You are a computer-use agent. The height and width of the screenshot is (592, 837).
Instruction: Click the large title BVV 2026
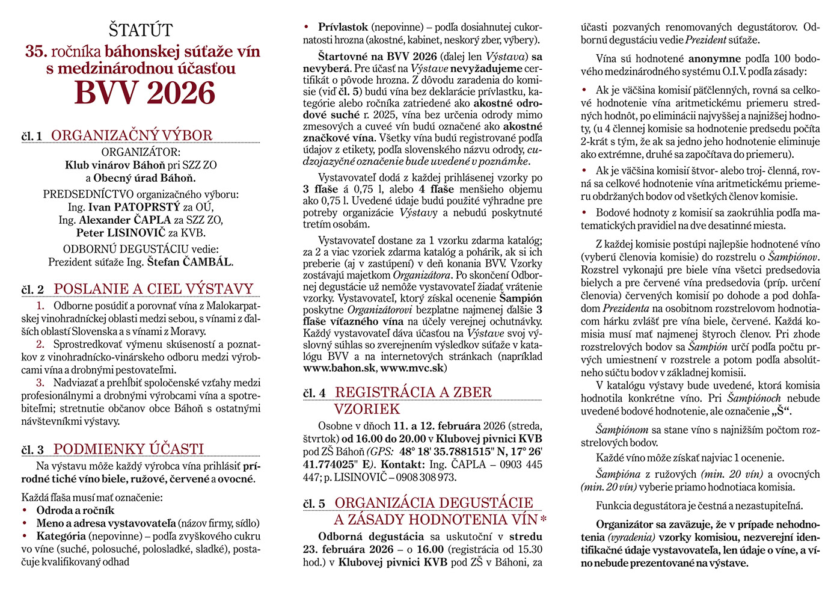click(144, 93)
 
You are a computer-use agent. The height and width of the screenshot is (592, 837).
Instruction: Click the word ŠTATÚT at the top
click(141, 30)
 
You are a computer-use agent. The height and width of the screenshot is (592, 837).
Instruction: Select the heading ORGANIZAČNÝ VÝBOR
click(132, 135)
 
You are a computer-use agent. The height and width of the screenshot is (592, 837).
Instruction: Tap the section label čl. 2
click(32, 290)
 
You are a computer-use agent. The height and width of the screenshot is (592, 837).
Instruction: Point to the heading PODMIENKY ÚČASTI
click(129, 449)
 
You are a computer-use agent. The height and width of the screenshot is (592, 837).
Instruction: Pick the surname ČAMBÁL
click(207, 262)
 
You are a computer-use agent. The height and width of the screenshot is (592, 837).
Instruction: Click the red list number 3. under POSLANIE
click(40, 383)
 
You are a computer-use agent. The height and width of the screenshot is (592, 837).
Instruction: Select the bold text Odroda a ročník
click(75, 510)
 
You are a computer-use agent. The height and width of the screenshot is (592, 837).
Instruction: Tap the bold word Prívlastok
click(343, 27)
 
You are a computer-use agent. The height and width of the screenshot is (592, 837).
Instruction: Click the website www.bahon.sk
click(339, 368)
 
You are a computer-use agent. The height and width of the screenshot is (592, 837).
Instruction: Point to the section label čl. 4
click(314, 393)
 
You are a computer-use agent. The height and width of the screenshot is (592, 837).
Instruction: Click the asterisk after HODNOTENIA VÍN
click(543, 519)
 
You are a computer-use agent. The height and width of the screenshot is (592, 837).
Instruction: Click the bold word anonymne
click(714, 59)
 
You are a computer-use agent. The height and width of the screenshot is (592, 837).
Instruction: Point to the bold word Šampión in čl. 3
click(521, 298)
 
